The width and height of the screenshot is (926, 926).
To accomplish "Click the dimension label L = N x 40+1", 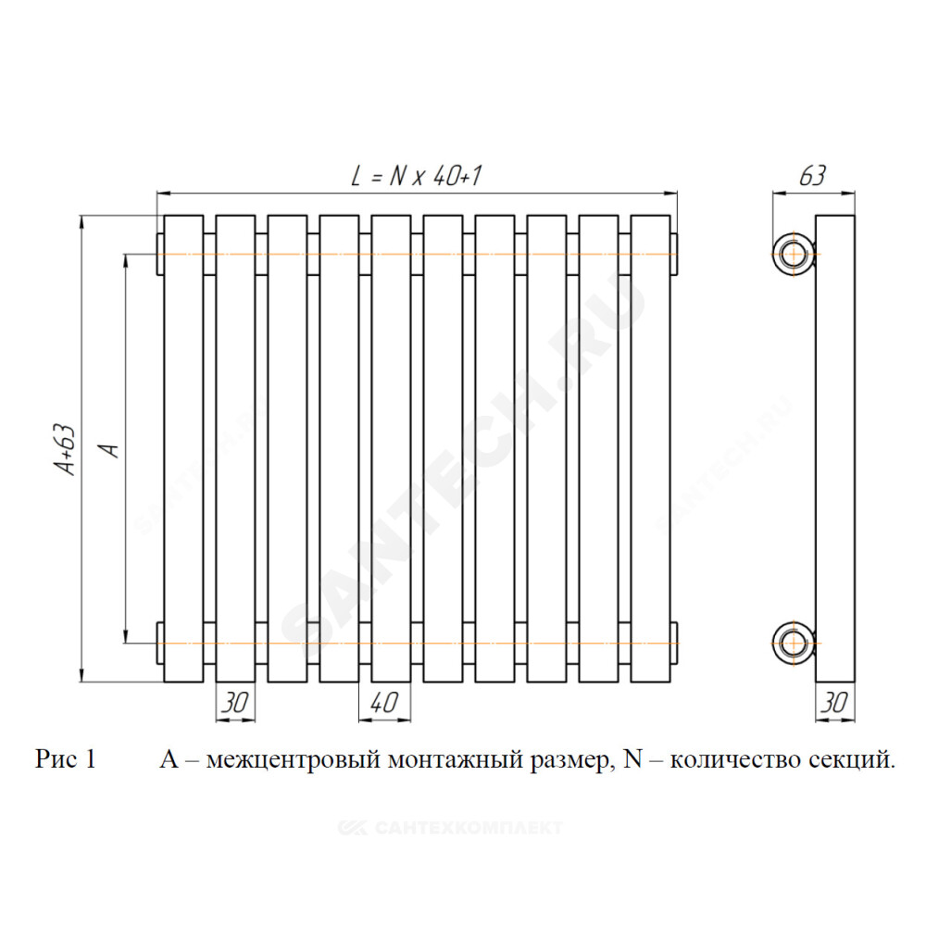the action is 417,175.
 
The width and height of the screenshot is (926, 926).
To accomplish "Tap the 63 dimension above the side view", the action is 813,175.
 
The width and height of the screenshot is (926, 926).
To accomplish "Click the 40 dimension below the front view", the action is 384,702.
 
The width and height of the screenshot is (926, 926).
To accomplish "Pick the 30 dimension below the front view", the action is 235,702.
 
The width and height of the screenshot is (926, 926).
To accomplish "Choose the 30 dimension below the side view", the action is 834,702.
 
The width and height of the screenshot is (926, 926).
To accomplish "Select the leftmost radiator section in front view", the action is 183,449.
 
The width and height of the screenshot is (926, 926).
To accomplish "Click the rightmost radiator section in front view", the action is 650,449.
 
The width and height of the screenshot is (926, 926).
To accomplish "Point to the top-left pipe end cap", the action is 160,255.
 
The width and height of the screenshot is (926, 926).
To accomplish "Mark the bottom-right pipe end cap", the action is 674,644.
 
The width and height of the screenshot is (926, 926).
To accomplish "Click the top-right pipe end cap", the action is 674,255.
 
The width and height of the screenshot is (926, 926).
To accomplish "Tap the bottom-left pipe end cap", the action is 160,644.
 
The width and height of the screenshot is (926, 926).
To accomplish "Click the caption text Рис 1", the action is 66,759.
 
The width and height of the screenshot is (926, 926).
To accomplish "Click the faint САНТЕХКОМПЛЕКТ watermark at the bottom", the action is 450,828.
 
